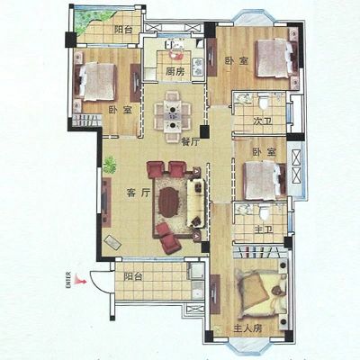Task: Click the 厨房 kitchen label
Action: point(175,72)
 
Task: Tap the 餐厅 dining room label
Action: point(190,141)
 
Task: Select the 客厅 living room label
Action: point(139,193)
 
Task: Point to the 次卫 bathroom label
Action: point(263,121)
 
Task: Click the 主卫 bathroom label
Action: point(263,230)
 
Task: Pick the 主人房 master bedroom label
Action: point(247,328)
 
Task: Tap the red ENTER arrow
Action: point(80,280)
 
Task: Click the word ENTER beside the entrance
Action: point(68,280)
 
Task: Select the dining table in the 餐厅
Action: point(173,116)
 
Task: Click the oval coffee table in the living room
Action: point(168,202)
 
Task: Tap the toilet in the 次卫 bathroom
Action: point(264,102)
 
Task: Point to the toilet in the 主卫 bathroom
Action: point(264,211)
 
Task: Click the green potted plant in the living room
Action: point(110,165)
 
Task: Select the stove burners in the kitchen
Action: point(198,67)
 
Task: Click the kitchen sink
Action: point(175,45)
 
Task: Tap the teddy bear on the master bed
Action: point(275,291)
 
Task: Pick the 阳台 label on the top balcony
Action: point(123,30)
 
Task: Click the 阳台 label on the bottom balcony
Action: point(133,276)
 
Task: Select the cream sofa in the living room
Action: point(196,202)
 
